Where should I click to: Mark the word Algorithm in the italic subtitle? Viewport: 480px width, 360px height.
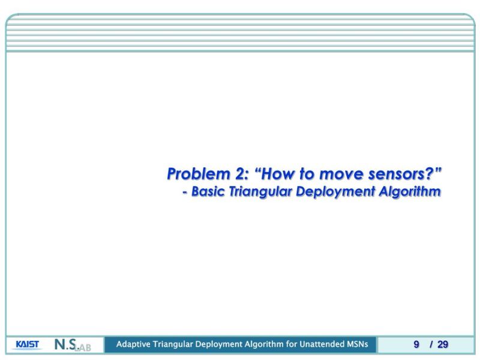tap(411, 192)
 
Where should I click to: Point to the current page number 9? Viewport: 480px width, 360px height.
tap(416, 344)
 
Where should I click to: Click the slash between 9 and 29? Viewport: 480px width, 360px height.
tap(430, 344)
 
